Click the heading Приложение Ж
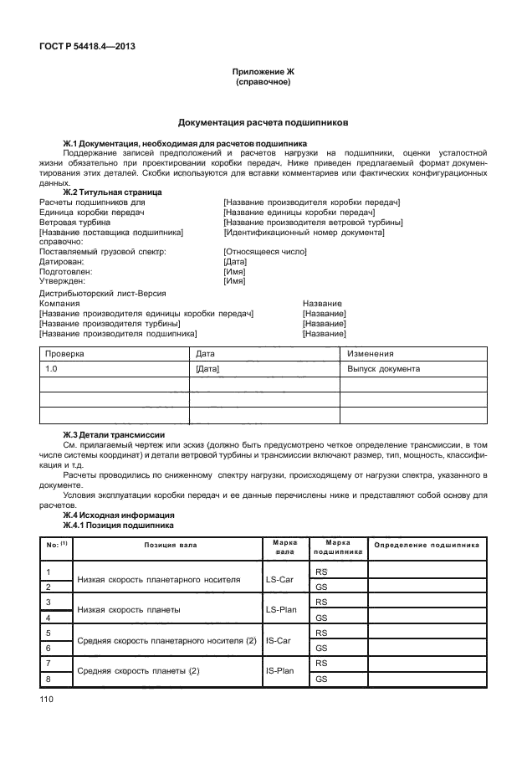point(263,73)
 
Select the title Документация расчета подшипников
point(263,122)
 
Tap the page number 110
point(46,697)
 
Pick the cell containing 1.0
point(51,368)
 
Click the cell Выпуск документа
point(383,368)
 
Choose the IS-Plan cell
point(279,670)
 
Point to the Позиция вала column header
point(168,546)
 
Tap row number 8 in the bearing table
point(48,679)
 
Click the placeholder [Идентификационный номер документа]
point(304,232)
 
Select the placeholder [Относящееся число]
point(264,252)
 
